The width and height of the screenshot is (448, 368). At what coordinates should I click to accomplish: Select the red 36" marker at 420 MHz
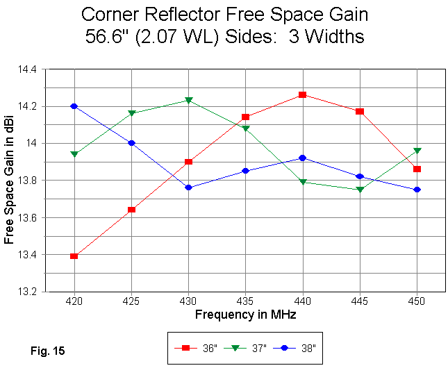[74, 256]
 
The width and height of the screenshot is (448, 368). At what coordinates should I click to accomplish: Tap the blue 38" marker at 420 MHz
[74, 106]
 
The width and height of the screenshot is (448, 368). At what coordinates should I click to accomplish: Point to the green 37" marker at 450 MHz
[417, 151]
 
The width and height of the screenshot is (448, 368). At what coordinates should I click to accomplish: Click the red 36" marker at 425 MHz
[131, 210]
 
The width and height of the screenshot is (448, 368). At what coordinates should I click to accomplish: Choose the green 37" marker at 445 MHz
[360, 190]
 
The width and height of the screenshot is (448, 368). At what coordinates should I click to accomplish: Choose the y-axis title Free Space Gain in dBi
[9, 181]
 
